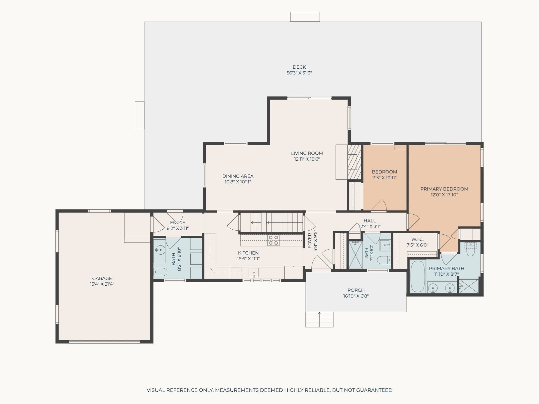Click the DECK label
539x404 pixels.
tap(299, 67)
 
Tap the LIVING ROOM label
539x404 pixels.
tap(307, 153)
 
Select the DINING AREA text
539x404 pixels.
tap(238, 176)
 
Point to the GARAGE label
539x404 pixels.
tap(102, 278)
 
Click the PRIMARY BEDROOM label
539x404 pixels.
tap(444, 189)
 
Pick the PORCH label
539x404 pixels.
tap(356, 290)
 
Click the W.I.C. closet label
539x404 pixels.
tap(417, 239)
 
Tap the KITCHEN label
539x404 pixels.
tap(248, 253)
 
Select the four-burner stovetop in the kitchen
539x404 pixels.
tap(273, 240)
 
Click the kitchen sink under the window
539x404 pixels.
tap(254, 273)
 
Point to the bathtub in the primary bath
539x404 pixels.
tap(418, 276)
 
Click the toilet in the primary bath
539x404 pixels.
tap(470, 250)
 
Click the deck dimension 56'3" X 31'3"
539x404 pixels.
tap(299, 73)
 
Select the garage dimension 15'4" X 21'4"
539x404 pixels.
tap(102, 284)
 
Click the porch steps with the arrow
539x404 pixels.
tap(320, 320)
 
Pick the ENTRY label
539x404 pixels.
tap(178, 223)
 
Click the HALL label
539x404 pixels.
tap(370, 221)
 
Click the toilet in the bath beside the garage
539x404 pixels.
tap(160, 272)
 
